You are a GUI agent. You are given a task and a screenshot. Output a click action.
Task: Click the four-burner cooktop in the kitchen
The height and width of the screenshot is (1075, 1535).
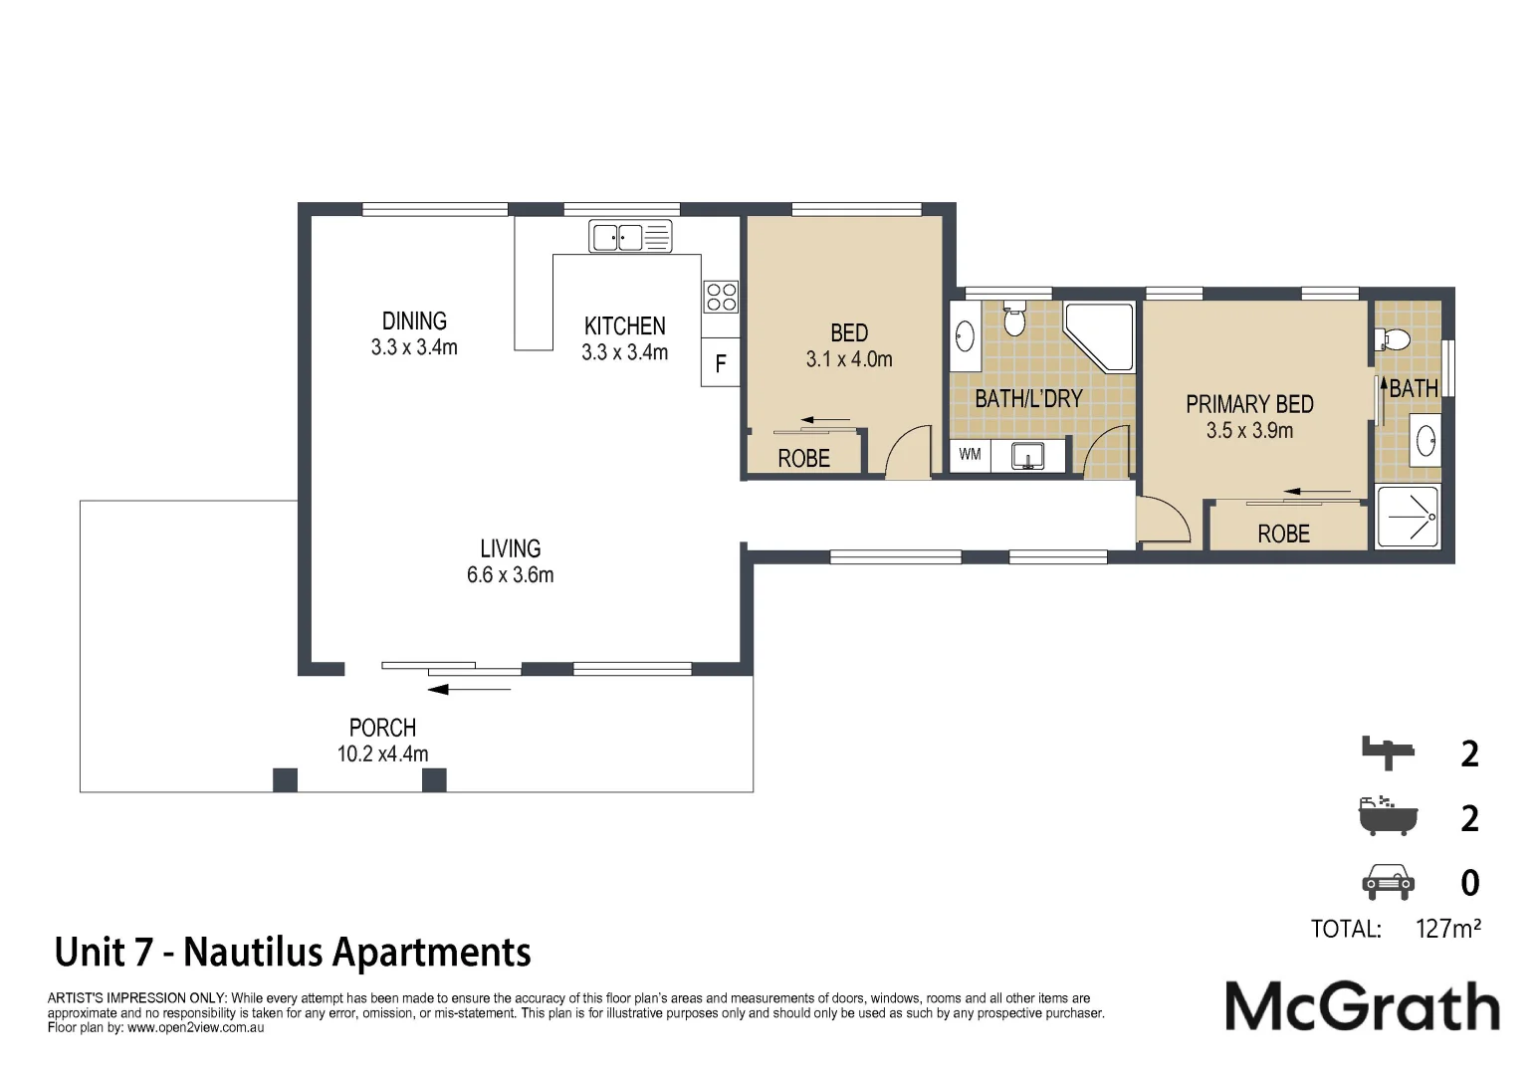[x=721, y=297]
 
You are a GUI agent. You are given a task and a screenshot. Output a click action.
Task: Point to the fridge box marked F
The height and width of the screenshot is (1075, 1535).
[x=721, y=363]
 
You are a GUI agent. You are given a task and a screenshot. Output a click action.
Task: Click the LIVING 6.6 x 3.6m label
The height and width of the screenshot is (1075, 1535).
[x=510, y=561]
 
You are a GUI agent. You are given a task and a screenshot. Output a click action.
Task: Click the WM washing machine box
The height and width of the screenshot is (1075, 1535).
[x=970, y=455]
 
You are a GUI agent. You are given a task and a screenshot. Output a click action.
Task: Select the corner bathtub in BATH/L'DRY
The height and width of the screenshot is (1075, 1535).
[x=1100, y=336]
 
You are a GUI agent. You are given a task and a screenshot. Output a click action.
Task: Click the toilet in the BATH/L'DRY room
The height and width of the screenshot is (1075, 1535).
[x=1014, y=319]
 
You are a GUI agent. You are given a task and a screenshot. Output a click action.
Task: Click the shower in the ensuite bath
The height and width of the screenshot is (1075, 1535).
[x=1408, y=517]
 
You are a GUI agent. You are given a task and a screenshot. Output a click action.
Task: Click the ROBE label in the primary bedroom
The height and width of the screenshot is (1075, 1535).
[x=1283, y=534]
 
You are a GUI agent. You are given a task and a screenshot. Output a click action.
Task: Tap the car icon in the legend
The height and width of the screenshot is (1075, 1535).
[x=1388, y=882]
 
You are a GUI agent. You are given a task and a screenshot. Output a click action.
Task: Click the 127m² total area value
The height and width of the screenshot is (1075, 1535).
[x=1447, y=929]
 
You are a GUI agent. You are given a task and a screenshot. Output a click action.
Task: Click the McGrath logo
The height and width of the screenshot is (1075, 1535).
[x=1362, y=1006]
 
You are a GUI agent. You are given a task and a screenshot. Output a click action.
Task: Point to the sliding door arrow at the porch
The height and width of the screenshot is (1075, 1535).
[x=476, y=689]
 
